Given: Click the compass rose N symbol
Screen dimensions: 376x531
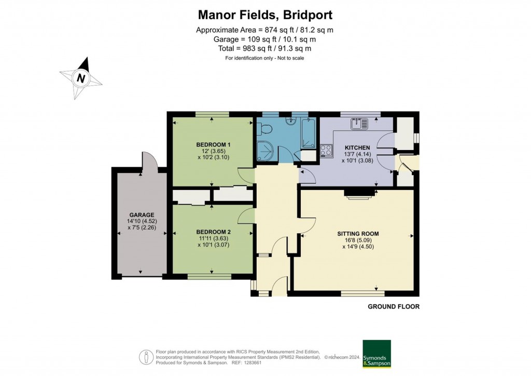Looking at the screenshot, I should (x=80, y=78).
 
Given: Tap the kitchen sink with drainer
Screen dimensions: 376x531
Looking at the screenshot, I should (x=359, y=124).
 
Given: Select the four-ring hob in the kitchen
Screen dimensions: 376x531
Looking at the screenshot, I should (x=327, y=151).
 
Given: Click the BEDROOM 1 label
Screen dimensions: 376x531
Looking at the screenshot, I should (x=213, y=144).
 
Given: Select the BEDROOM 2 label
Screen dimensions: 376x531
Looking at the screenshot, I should (x=213, y=232).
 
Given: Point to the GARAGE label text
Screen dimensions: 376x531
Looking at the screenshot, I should (x=142, y=214).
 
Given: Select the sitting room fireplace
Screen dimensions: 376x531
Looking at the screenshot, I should (x=359, y=193).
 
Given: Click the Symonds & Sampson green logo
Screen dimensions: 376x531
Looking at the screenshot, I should (x=376, y=354).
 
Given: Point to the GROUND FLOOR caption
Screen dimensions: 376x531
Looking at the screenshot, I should (x=393, y=307).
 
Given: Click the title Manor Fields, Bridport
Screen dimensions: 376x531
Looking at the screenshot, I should (x=265, y=15).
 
